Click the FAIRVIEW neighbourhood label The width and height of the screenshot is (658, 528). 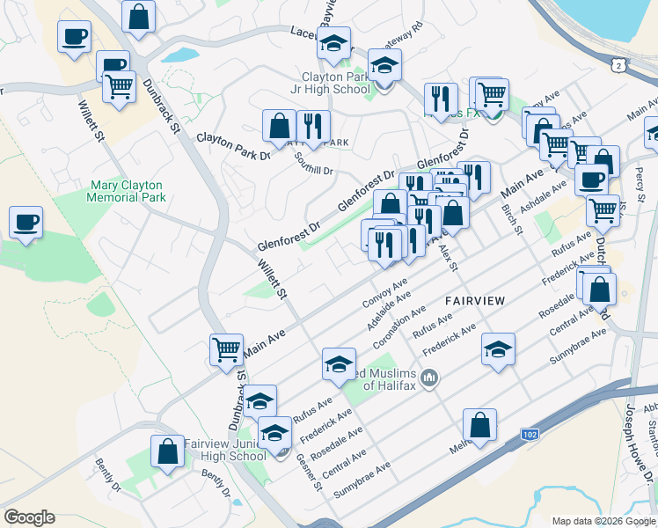[474, 301]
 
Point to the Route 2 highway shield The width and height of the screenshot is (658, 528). [620, 65]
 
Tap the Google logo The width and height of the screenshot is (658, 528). [29, 517]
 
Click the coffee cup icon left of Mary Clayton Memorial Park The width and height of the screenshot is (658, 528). [26, 221]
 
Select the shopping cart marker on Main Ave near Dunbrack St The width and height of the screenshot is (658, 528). [226, 349]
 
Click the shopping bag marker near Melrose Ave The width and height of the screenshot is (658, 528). [479, 424]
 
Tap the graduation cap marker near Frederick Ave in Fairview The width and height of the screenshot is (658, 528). [498, 349]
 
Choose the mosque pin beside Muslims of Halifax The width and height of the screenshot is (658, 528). [429, 379]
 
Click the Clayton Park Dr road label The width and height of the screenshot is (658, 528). [233, 147]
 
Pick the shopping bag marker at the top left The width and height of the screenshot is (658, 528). [139, 15]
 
